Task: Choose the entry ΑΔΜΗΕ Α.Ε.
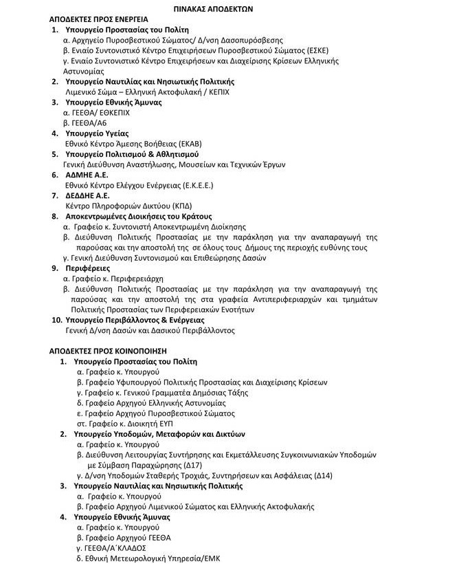(x=86, y=175)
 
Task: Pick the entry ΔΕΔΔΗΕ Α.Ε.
(x=89, y=195)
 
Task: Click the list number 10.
(x=56, y=320)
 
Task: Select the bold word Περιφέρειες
(x=87, y=268)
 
